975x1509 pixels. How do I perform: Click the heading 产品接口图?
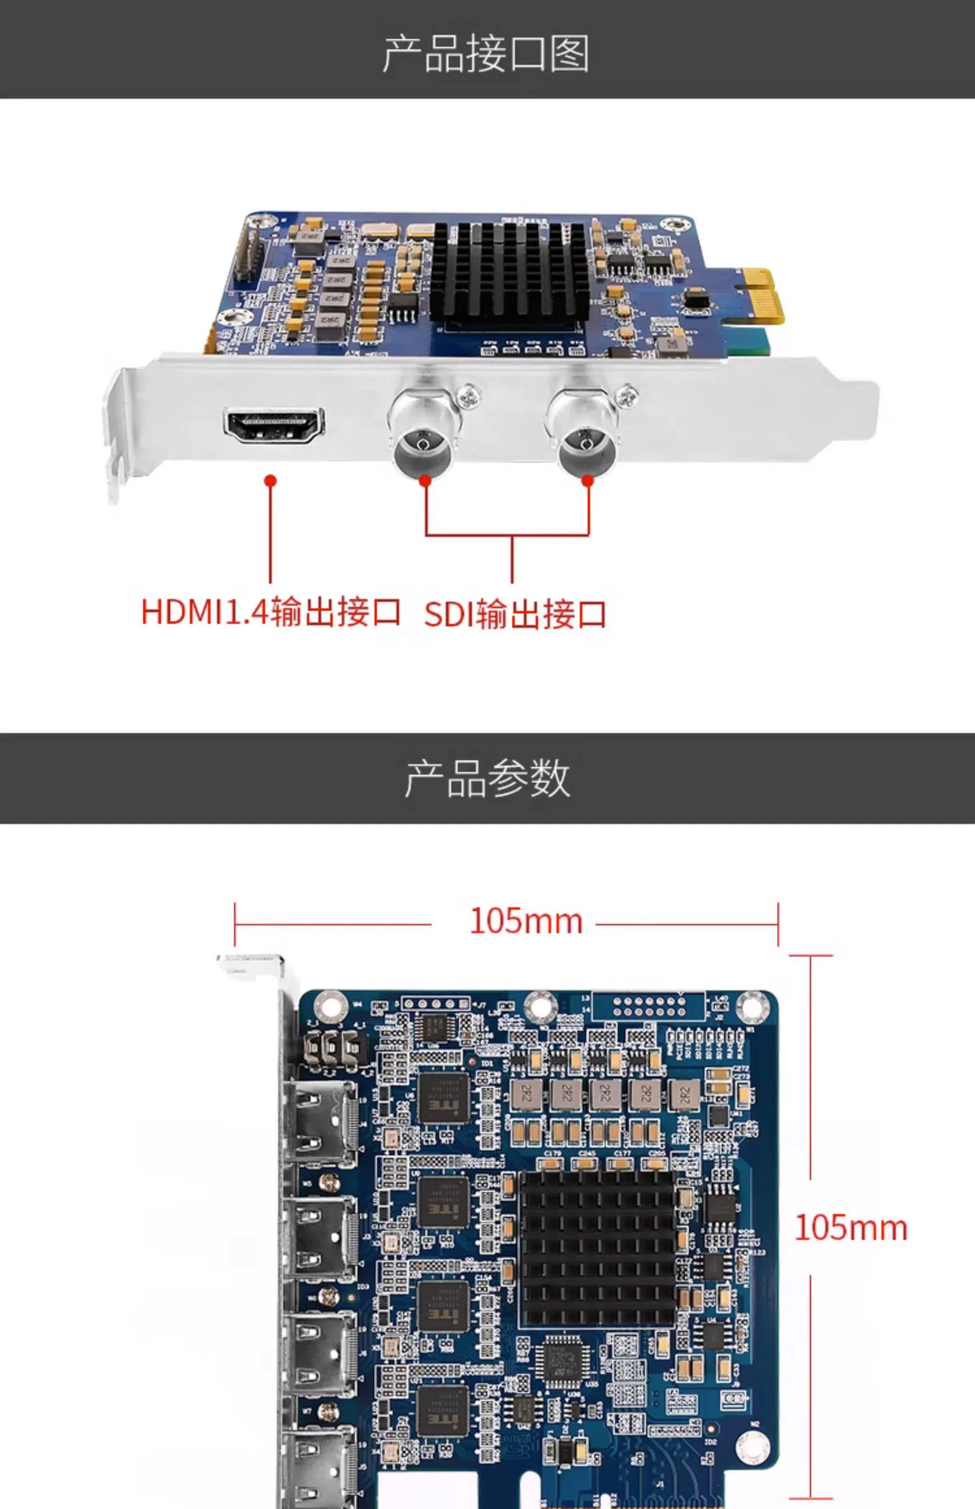tap(486, 53)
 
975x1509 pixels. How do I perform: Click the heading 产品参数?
tap(487, 778)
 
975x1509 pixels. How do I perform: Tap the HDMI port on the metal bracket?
tap(274, 425)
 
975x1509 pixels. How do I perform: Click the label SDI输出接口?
tap(515, 614)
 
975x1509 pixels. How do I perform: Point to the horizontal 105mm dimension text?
tap(525, 921)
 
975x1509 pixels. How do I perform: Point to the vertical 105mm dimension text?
tap(850, 1228)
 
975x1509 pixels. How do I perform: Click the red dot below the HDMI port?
tap(271, 480)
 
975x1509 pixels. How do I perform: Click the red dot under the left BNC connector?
tap(425, 480)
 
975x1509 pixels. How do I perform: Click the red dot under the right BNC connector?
tap(588, 480)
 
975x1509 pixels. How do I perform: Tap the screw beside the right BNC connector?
tap(627, 394)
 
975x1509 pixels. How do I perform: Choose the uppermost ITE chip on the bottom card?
tap(443, 1098)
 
